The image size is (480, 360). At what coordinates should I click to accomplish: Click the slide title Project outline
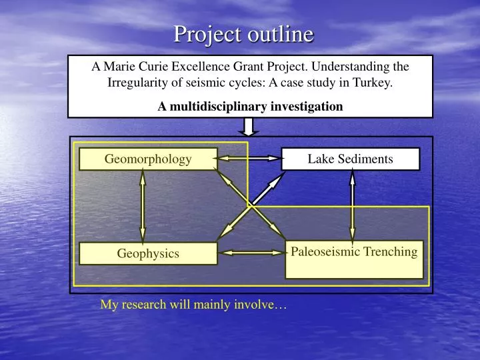pos(243,33)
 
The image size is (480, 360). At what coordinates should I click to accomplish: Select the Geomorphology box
pos(148,159)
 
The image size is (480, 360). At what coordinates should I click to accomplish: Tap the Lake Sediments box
pos(350,159)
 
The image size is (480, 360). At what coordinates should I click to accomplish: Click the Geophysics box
pos(148,253)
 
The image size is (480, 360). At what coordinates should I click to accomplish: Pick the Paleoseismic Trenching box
pos(354,259)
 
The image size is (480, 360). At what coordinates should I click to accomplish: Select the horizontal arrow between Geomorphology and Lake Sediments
pos(249,159)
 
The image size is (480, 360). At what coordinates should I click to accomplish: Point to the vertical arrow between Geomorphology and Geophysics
pos(143,207)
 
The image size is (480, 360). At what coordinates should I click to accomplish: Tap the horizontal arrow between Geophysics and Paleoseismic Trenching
pos(251,253)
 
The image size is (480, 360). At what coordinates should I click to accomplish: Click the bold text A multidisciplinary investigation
pos(251,105)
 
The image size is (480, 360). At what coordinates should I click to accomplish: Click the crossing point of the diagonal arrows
pos(250,205)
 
